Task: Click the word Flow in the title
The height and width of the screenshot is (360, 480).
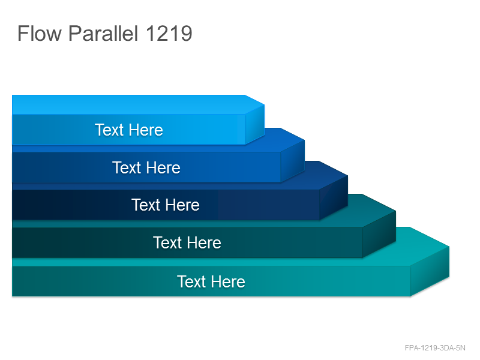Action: [x=40, y=33]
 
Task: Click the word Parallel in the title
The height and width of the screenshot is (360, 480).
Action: [x=103, y=33]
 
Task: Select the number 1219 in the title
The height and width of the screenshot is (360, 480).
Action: [x=169, y=33]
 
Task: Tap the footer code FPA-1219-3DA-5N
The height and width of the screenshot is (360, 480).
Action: [x=435, y=348]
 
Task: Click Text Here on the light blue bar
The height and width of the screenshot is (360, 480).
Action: [x=129, y=130]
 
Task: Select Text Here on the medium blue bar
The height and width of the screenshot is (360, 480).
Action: [x=146, y=168]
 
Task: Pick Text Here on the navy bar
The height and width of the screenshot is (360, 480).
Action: [x=166, y=205]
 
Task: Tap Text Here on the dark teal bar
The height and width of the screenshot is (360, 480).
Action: [x=187, y=243]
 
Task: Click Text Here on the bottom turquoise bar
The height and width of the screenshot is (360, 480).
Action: [x=211, y=281]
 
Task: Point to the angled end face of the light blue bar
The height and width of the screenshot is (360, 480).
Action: [x=254, y=124]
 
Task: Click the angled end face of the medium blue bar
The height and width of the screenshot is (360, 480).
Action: [x=293, y=161]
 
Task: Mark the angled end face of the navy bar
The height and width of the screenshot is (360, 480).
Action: [x=334, y=197]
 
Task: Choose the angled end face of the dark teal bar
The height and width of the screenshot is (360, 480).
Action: [x=379, y=234]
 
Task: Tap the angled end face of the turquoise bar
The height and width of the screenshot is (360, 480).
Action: [x=430, y=271]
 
